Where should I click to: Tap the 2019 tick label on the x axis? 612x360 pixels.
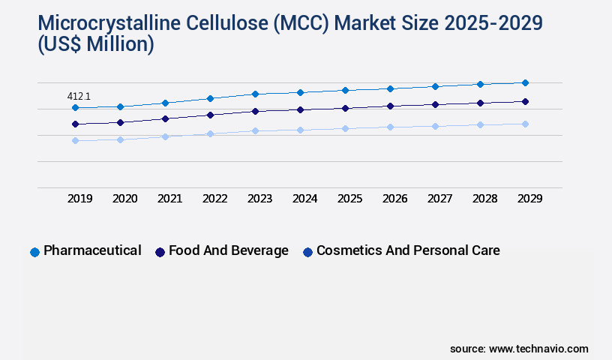click(80, 199)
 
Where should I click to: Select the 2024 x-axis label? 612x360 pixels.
click(305, 199)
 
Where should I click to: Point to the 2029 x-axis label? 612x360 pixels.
click(529, 199)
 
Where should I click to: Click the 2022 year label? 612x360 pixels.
click(215, 199)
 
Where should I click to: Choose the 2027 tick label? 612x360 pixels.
click(439, 199)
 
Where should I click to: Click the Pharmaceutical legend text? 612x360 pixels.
click(92, 250)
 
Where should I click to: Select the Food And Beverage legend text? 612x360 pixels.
click(228, 250)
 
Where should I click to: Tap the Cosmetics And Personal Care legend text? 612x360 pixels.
click(407, 250)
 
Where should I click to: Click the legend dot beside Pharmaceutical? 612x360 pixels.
click(34, 252)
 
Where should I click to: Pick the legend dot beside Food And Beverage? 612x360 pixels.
click(160, 252)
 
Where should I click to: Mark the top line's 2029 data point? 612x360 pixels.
click(525, 82)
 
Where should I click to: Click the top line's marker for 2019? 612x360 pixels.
click(75, 108)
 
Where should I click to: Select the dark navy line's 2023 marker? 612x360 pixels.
click(255, 111)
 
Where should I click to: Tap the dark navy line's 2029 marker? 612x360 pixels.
click(525, 101)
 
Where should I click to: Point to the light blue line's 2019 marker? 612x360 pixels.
click(75, 140)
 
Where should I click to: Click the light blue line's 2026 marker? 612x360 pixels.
click(390, 127)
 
